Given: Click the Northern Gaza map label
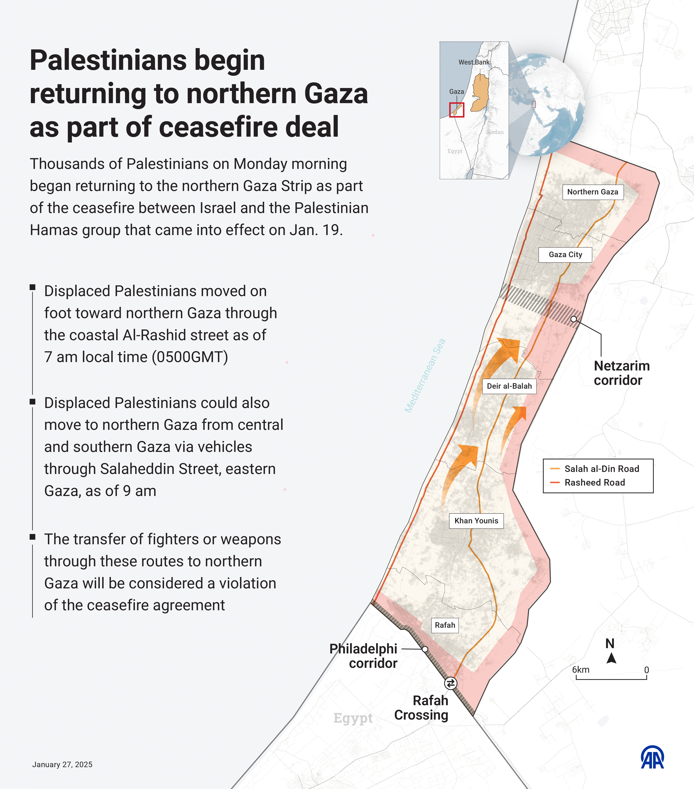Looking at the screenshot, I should [x=593, y=192].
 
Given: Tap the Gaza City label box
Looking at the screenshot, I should [x=565, y=255].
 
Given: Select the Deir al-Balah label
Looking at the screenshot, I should [x=509, y=386].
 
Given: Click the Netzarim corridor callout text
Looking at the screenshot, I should [x=622, y=373].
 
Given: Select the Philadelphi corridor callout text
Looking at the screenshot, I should [x=363, y=656].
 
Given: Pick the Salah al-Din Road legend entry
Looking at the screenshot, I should [x=601, y=469].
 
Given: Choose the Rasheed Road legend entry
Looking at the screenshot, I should [x=594, y=483].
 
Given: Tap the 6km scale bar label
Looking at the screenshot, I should [x=581, y=670].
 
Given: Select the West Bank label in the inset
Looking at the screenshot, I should [x=474, y=62].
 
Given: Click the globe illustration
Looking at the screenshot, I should [x=546, y=104].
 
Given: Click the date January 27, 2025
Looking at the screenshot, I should [x=62, y=765].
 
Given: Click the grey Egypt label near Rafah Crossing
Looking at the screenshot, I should [x=353, y=718].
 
